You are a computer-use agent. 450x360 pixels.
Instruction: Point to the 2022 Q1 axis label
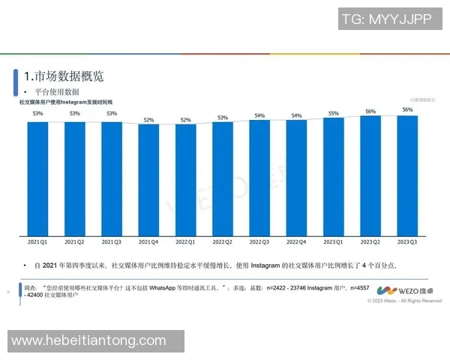pyautogui.click(x=185, y=242)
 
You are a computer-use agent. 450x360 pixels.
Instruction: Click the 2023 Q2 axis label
pyautogui.click(x=370, y=242)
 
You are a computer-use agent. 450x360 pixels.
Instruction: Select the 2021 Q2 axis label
pyautogui.click(x=74, y=242)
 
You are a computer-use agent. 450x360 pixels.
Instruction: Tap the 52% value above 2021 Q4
pyautogui.click(x=148, y=120)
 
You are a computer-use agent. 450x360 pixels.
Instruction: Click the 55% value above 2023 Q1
pyautogui.click(x=334, y=114)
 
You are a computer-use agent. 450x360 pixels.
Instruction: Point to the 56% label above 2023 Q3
pyautogui.click(x=407, y=109)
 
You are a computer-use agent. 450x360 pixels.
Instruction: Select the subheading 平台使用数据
pyautogui.click(x=57, y=91)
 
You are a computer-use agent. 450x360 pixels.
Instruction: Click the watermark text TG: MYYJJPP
pyautogui.click(x=387, y=20)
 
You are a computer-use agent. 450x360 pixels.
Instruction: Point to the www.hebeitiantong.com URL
pyautogui.click(x=88, y=341)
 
